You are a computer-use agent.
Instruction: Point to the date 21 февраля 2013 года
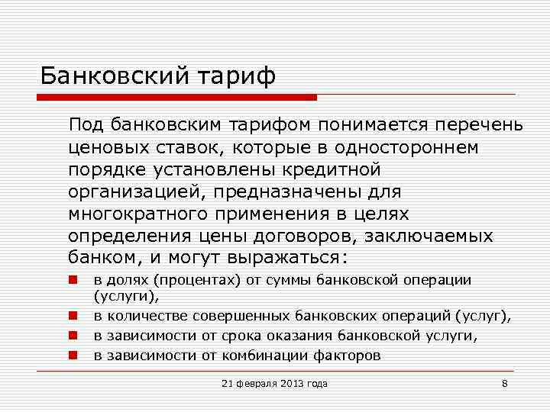click(273, 383)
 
